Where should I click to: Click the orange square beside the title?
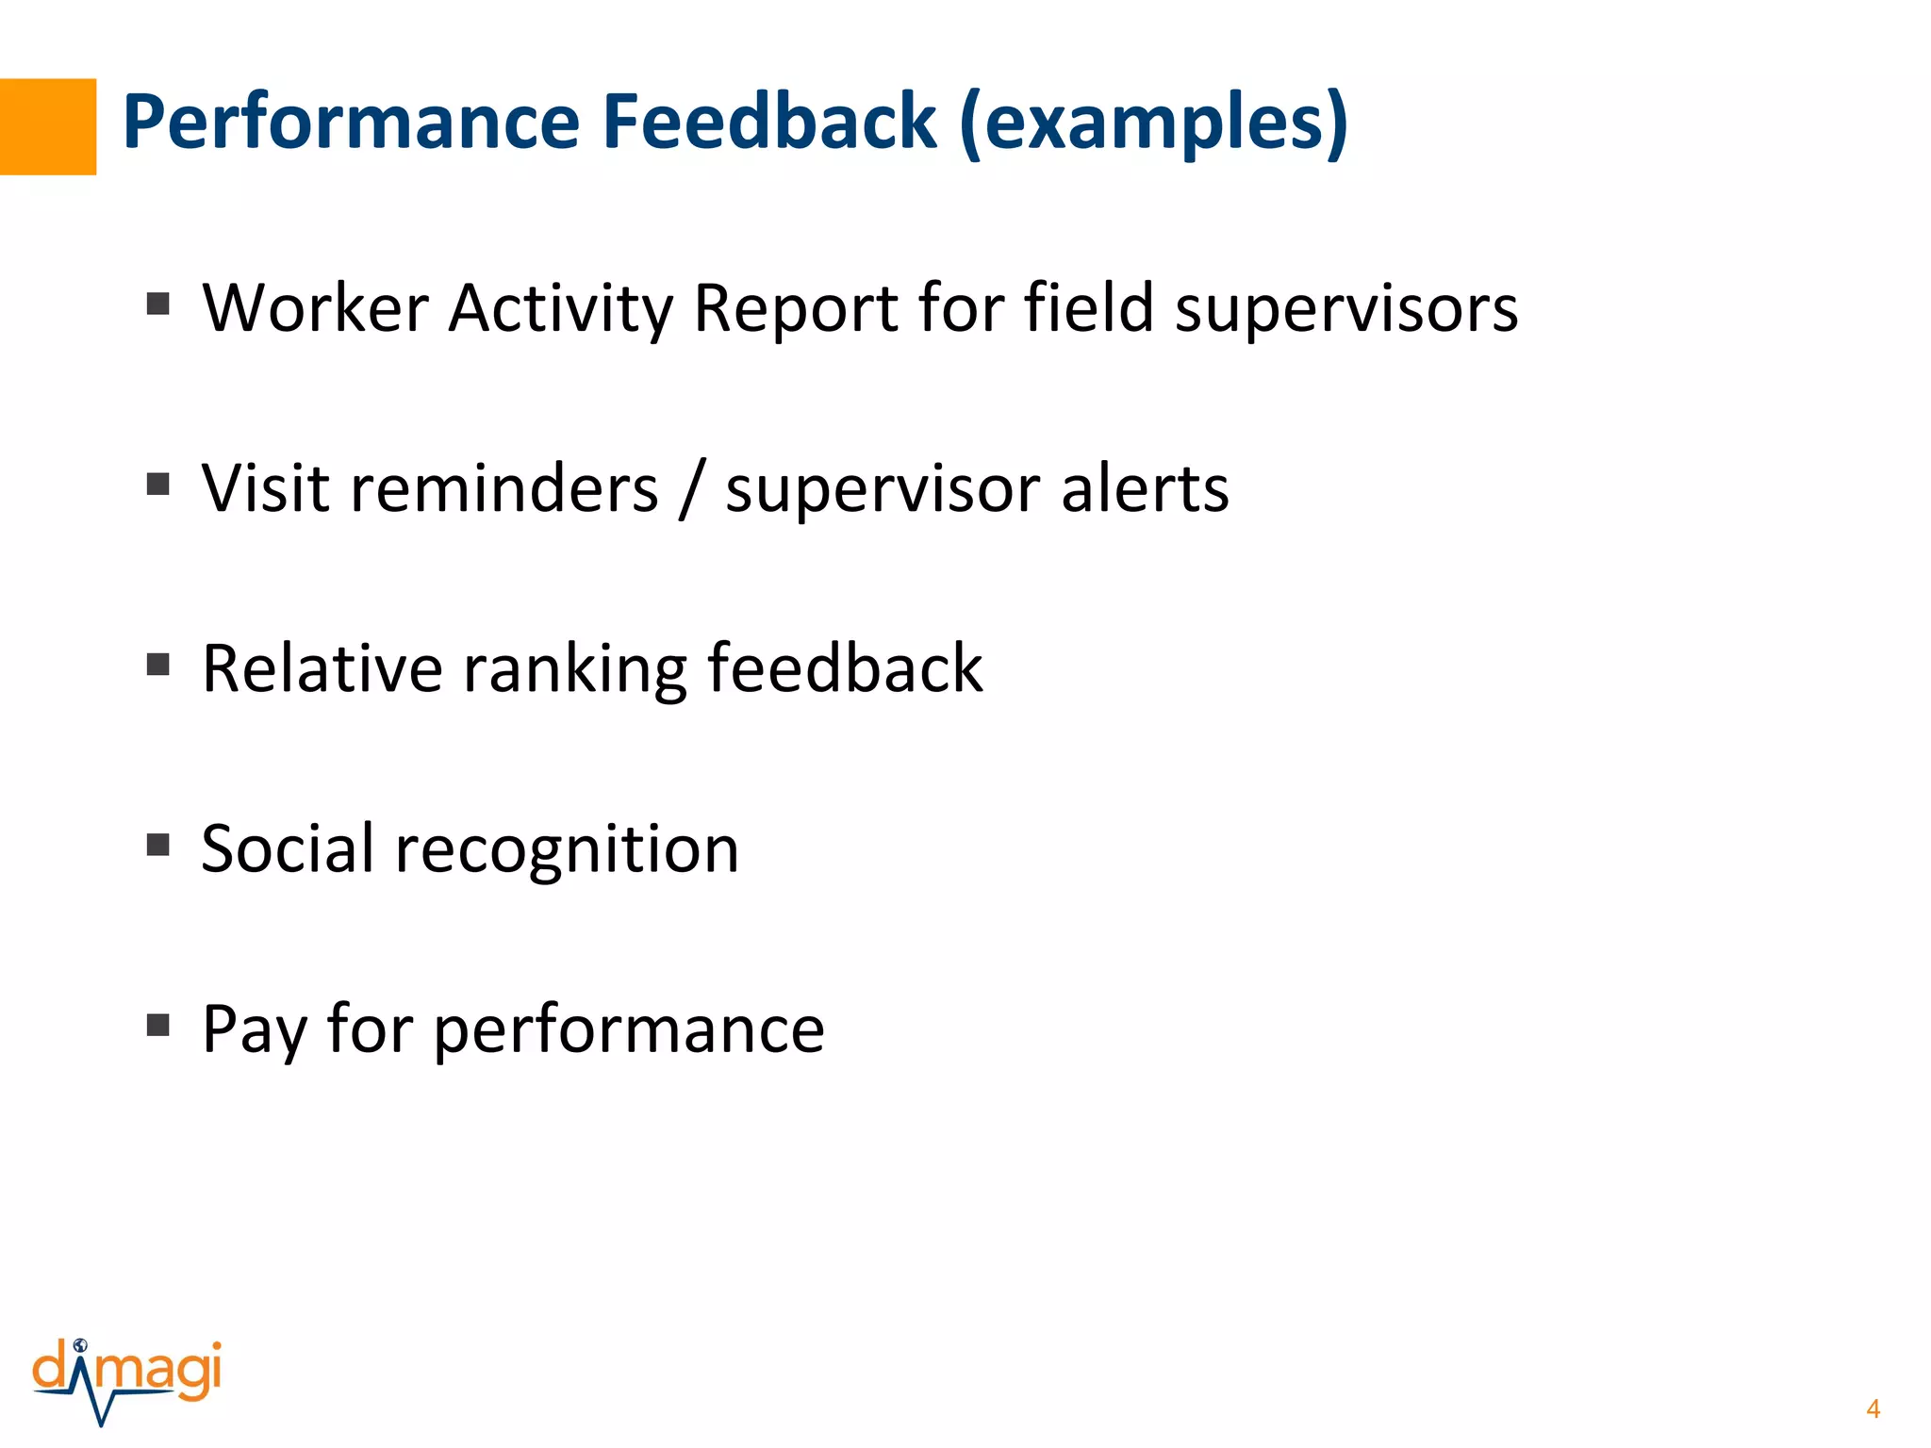pyautogui.click(x=47, y=126)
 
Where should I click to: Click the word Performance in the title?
pyautogui.click(x=351, y=123)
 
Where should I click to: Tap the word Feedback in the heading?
pyautogui.click(x=769, y=123)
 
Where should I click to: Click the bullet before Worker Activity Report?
pyautogui.click(x=158, y=304)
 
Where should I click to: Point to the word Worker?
pyautogui.click(x=316, y=308)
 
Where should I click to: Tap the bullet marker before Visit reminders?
pyautogui.click(x=158, y=485)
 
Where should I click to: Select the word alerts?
pyautogui.click(x=1145, y=489)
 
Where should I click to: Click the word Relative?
pyautogui.click(x=322, y=669)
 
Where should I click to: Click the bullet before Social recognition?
pyautogui.click(x=158, y=845)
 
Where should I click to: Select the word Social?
pyautogui.click(x=288, y=848)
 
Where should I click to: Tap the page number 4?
pyautogui.click(x=1873, y=1409)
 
